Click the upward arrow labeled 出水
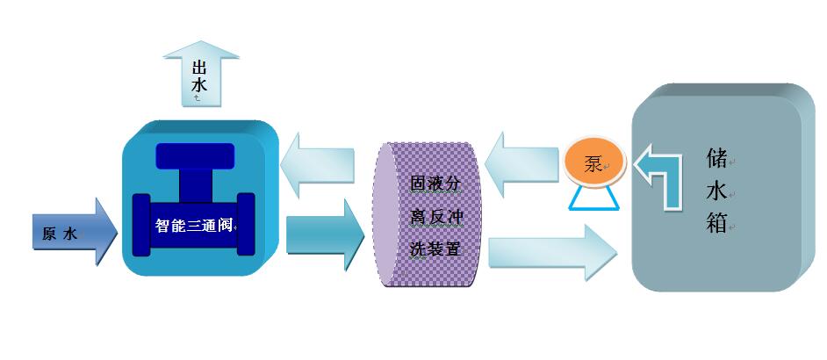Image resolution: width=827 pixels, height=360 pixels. [201, 75]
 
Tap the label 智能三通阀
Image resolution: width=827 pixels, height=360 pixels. [194, 225]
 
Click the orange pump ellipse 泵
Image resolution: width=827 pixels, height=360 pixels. [593, 164]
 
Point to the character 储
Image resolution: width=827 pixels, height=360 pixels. [716, 158]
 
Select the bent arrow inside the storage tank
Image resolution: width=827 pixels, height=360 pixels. [659, 176]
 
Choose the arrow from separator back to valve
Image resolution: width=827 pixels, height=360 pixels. [320, 164]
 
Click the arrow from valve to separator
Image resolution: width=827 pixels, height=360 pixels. [324, 234]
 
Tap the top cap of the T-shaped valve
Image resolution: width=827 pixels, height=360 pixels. [195, 156]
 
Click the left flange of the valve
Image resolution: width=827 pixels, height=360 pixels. [140, 225]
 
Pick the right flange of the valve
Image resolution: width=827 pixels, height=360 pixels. [246, 225]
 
